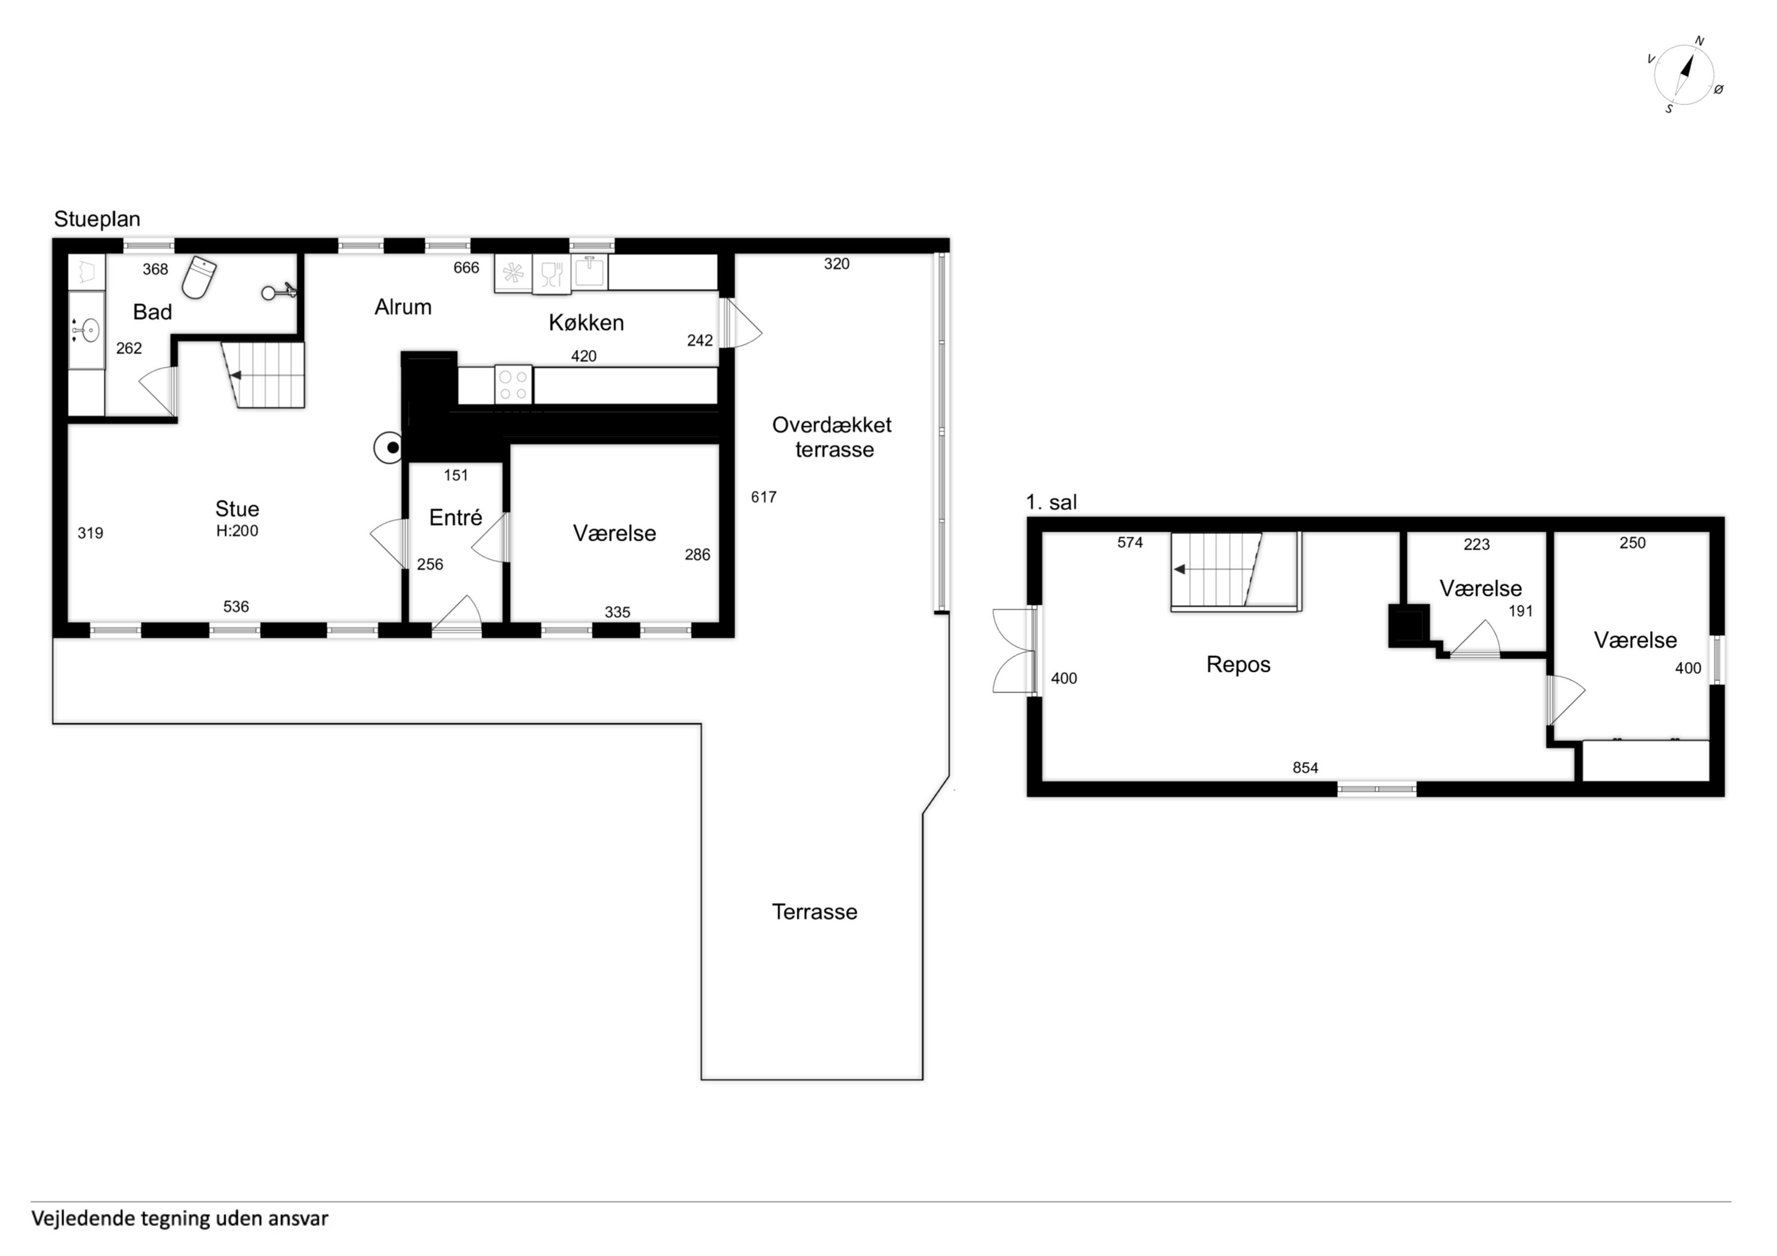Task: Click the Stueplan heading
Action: pos(97,219)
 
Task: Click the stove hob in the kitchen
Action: pos(513,385)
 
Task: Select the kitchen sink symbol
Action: pos(590,272)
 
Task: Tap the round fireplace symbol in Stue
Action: pos(389,447)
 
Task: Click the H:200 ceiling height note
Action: pos(237,531)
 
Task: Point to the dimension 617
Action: pos(763,497)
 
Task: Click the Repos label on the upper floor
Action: pos(1238,665)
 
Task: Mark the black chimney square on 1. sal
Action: pos(1409,625)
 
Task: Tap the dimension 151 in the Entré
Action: pos(456,475)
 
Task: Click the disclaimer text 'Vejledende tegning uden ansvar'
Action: pos(180,1219)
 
